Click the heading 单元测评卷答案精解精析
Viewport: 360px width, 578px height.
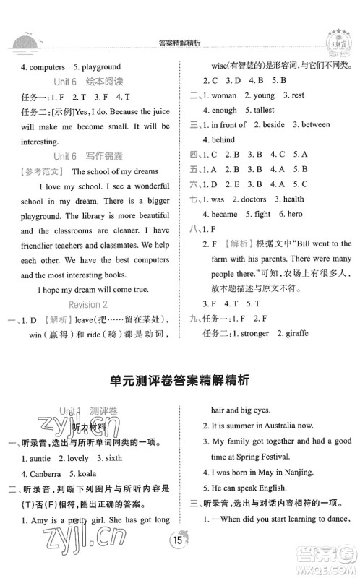pyautogui.click(x=179, y=377)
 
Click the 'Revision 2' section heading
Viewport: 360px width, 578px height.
pyautogui.click(x=90, y=304)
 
